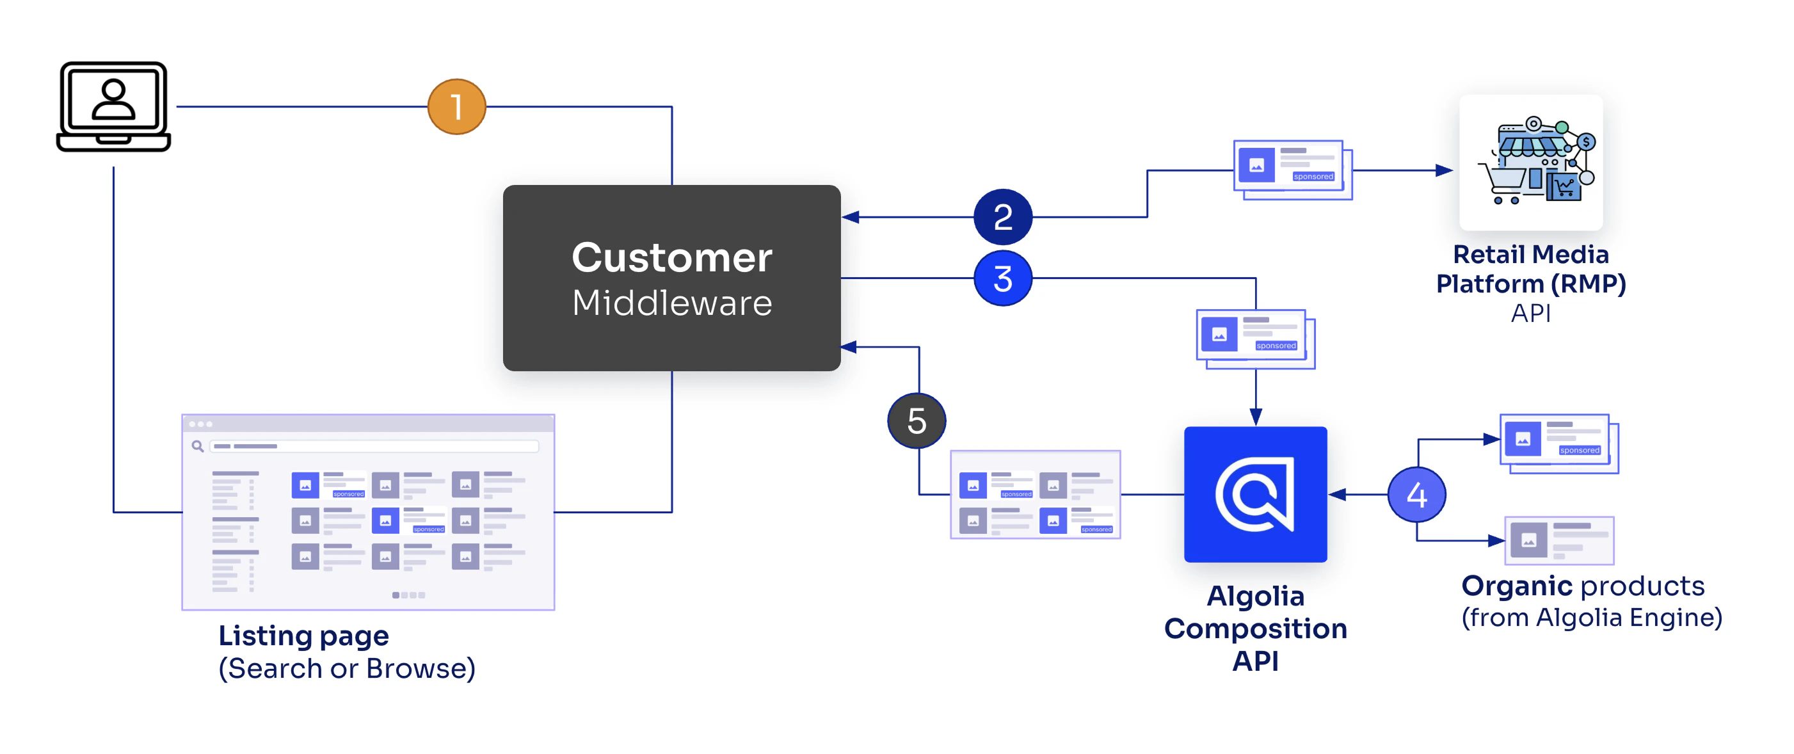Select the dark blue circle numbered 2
(1002, 216)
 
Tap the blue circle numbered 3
(1002, 278)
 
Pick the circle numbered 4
(1416, 495)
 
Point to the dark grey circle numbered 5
(916, 421)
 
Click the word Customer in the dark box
(671, 257)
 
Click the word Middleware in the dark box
(671, 303)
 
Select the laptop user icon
(113, 106)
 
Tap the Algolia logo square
(1255, 494)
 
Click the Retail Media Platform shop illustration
(1531, 161)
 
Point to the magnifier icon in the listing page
(198, 446)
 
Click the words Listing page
(303, 636)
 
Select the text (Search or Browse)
(347, 668)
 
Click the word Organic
(1507, 586)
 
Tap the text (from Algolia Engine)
(1591, 618)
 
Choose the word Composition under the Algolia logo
(1255, 629)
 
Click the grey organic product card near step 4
(1558, 540)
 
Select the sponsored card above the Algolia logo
(1254, 338)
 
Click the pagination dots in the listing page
(408, 595)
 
